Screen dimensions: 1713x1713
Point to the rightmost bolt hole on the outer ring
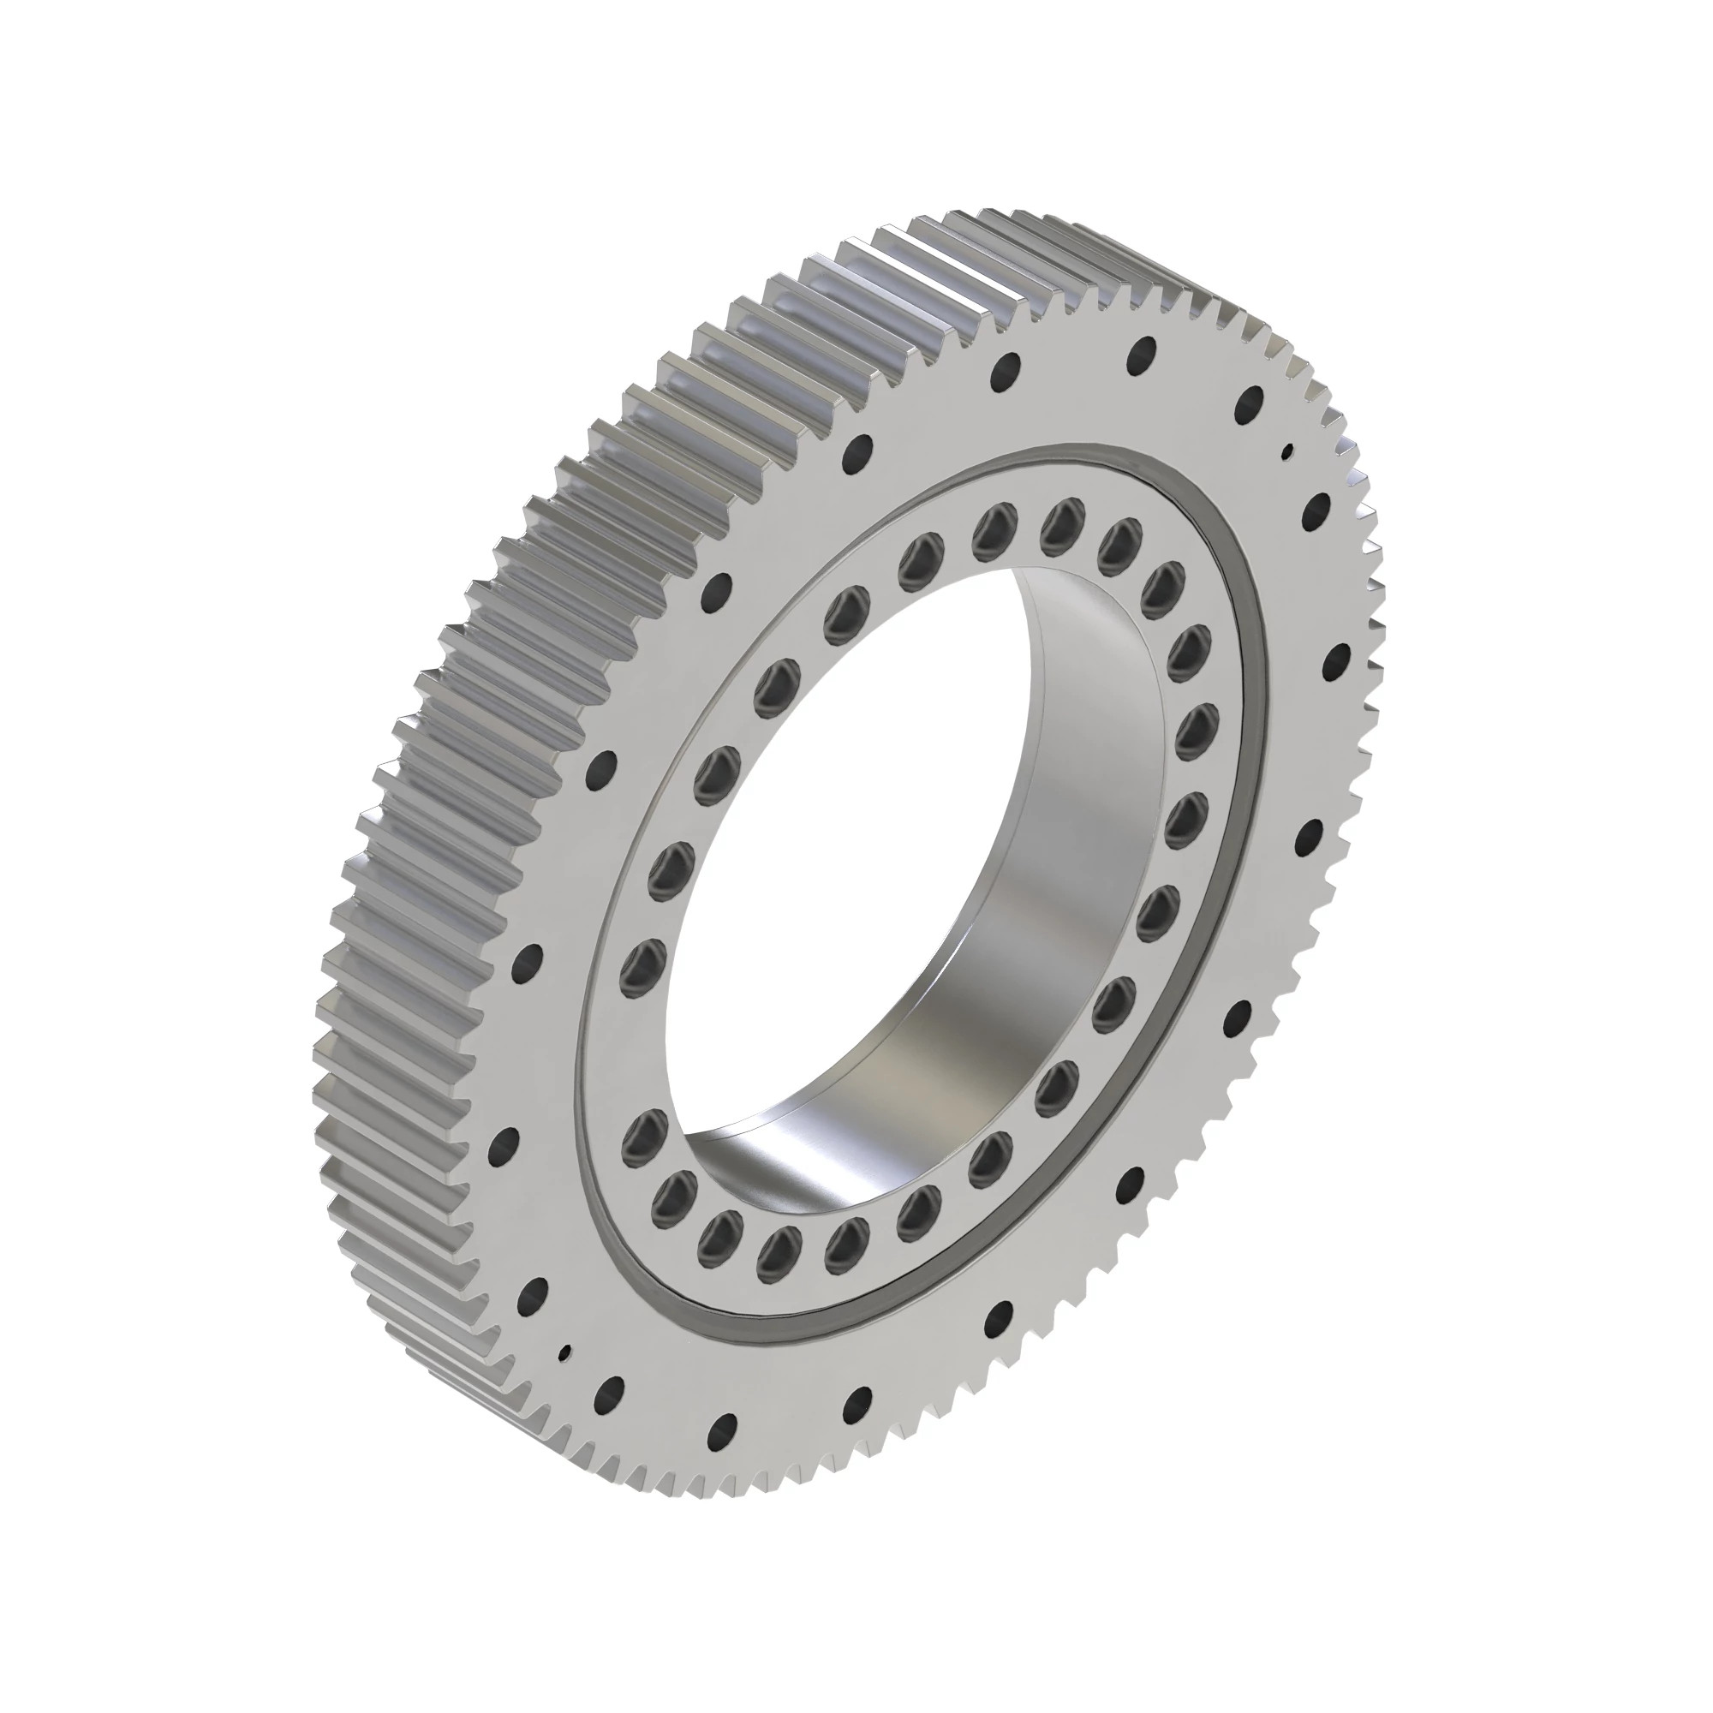(1335, 660)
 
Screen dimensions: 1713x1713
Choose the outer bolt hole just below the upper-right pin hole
(1318, 510)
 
